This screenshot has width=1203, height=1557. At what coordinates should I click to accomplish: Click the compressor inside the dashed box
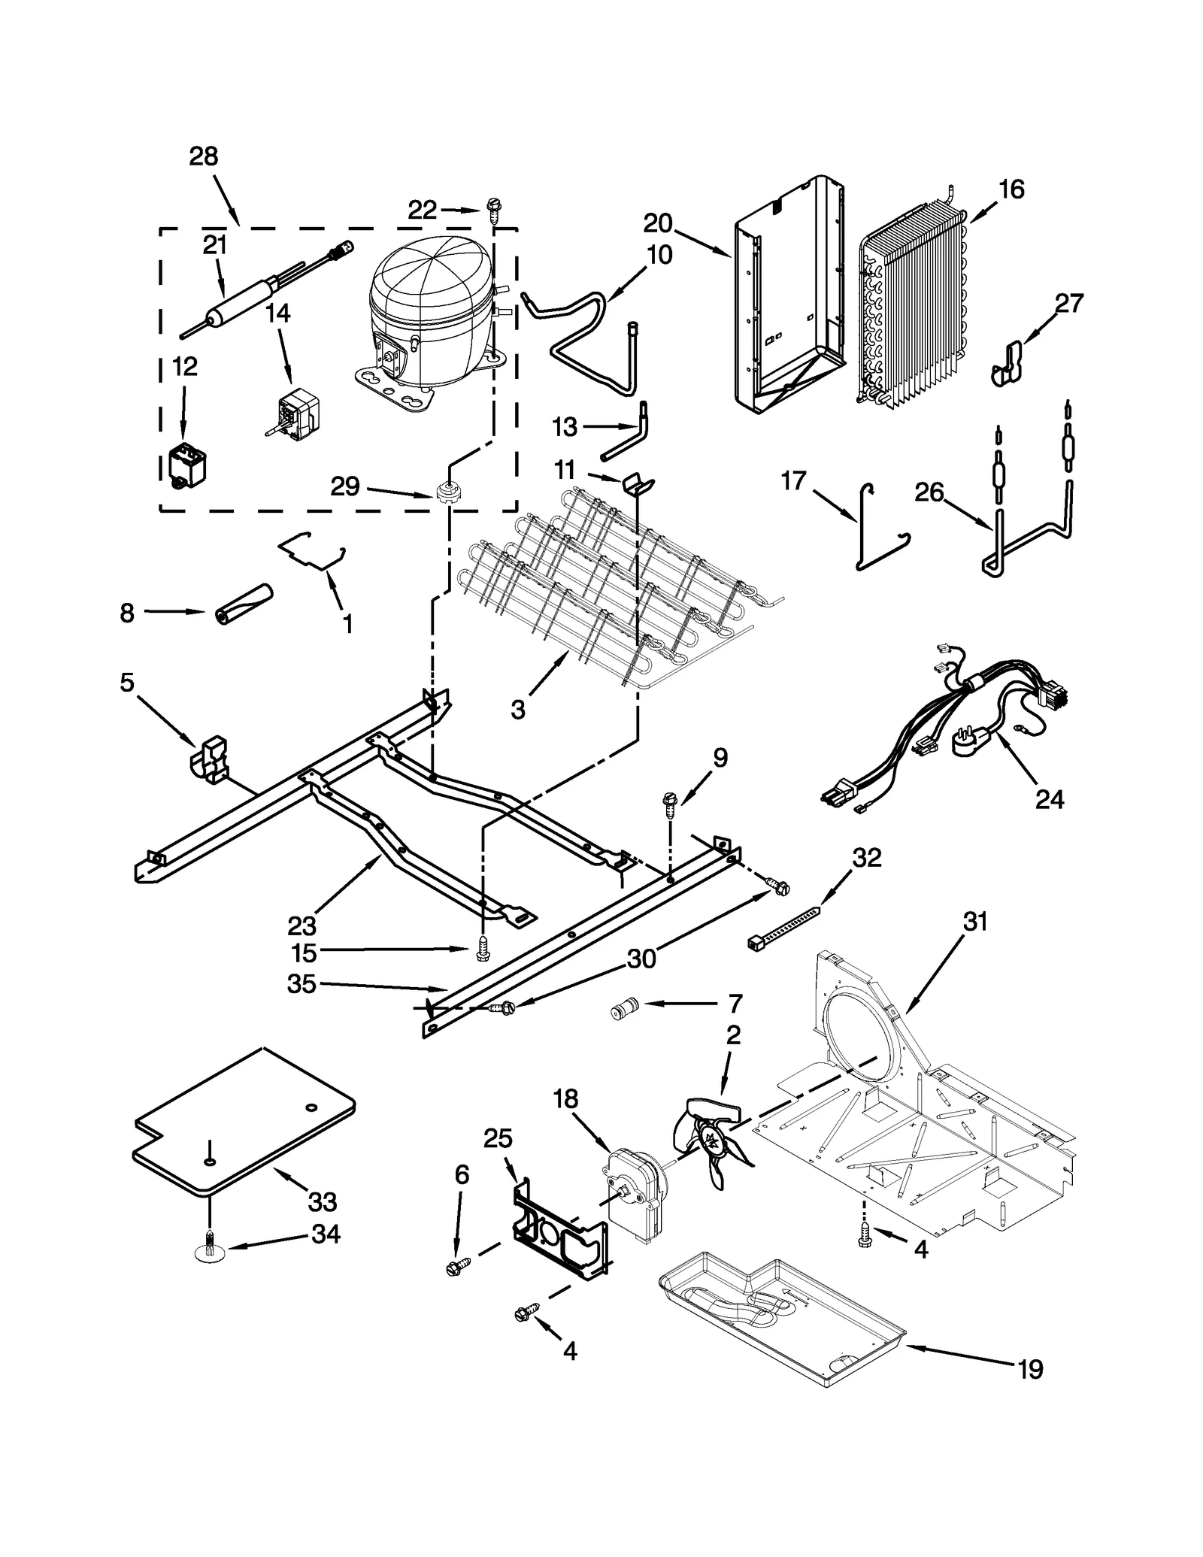tap(429, 316)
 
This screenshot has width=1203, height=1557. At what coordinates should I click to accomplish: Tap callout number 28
tap(203, 156)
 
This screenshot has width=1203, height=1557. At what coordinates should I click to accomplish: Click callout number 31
tap(975, 922)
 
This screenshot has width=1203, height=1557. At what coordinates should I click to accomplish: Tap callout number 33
tap(322, 1202)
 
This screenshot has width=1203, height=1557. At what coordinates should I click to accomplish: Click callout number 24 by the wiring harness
tap(1049, 799)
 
